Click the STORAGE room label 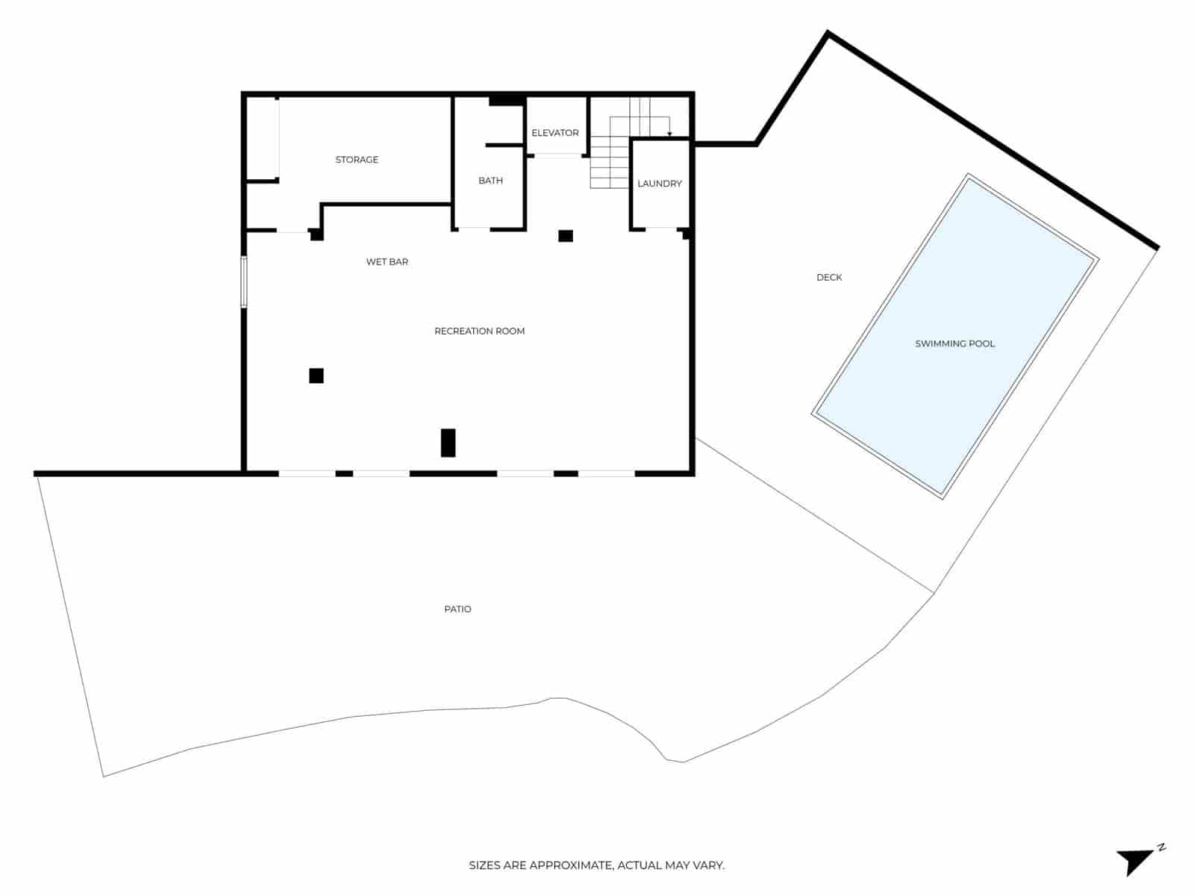357,160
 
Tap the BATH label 490,181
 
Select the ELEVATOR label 554,133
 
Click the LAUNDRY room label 660,184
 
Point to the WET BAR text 387,262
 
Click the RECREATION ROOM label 479,332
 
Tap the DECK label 828,278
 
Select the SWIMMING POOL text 954,344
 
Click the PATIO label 457,609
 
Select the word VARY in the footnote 708,866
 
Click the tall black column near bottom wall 448,443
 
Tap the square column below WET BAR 316,376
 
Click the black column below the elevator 566,236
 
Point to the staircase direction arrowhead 669,134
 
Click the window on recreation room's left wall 243,281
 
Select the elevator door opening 556,155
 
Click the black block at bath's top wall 505,101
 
